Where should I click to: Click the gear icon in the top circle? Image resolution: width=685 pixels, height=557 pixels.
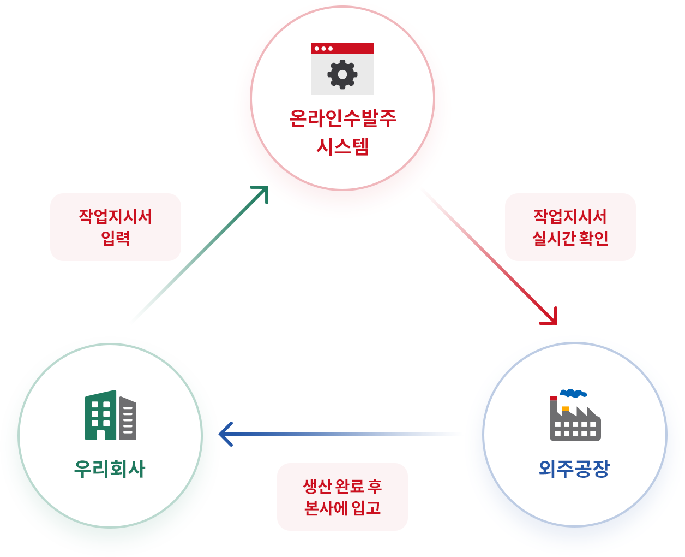pos(342,74)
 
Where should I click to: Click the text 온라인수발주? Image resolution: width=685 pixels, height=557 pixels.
pos(342,118)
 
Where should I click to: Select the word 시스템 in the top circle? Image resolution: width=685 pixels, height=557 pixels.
pos(342,146)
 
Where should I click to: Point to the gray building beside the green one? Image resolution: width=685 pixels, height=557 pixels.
pos(128,418)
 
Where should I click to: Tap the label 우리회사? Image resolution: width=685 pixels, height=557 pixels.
pos(110,469)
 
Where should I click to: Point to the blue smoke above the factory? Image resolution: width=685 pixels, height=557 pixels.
pos(573,393)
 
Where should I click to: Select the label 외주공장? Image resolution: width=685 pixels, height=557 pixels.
pos(574,469)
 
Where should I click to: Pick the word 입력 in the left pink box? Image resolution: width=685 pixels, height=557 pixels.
pos(116,238)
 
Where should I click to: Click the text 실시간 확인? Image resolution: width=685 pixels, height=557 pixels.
pos(570,238)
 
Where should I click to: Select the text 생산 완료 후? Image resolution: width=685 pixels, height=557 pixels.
pos(342,486)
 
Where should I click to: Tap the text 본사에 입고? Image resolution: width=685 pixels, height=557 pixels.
pos(342,508)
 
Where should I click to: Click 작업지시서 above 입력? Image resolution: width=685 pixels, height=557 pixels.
pos(116,216)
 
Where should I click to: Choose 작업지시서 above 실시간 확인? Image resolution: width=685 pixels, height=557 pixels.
pos(570,216)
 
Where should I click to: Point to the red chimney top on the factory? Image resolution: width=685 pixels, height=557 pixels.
pos(553,398)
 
